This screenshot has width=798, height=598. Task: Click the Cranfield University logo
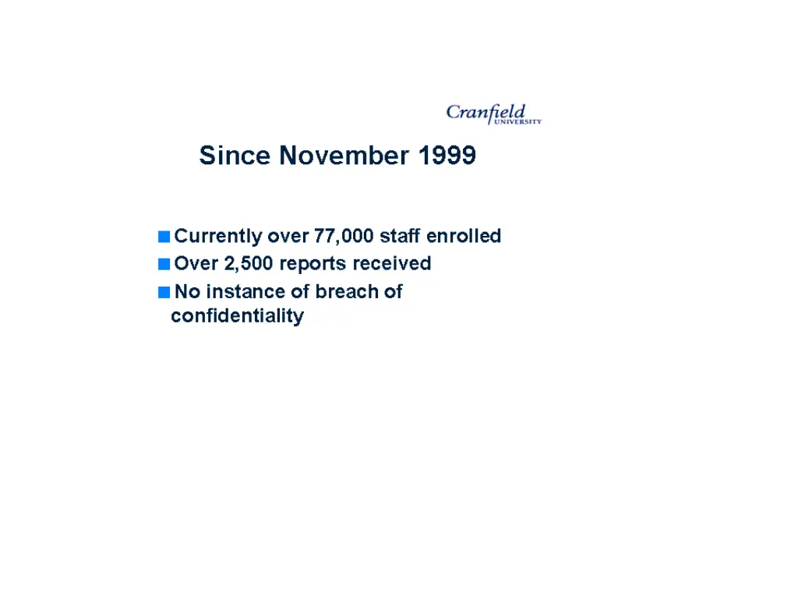click(493, 114)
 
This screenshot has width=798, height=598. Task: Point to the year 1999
click(447, 156)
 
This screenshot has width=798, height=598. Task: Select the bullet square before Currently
click(163, 236)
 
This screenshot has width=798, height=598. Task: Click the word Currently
click(218, 236)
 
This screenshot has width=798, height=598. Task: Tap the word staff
click(400, 236)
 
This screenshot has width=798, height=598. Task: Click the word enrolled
click(464, 236)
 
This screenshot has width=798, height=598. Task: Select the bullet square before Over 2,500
click(163, 264)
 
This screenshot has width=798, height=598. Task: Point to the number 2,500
click(249, 264)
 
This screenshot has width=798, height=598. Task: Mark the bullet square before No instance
click(163, 293)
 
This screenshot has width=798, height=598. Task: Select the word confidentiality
click(237, 316)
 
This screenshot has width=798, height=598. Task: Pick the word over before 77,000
click(288, 236)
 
